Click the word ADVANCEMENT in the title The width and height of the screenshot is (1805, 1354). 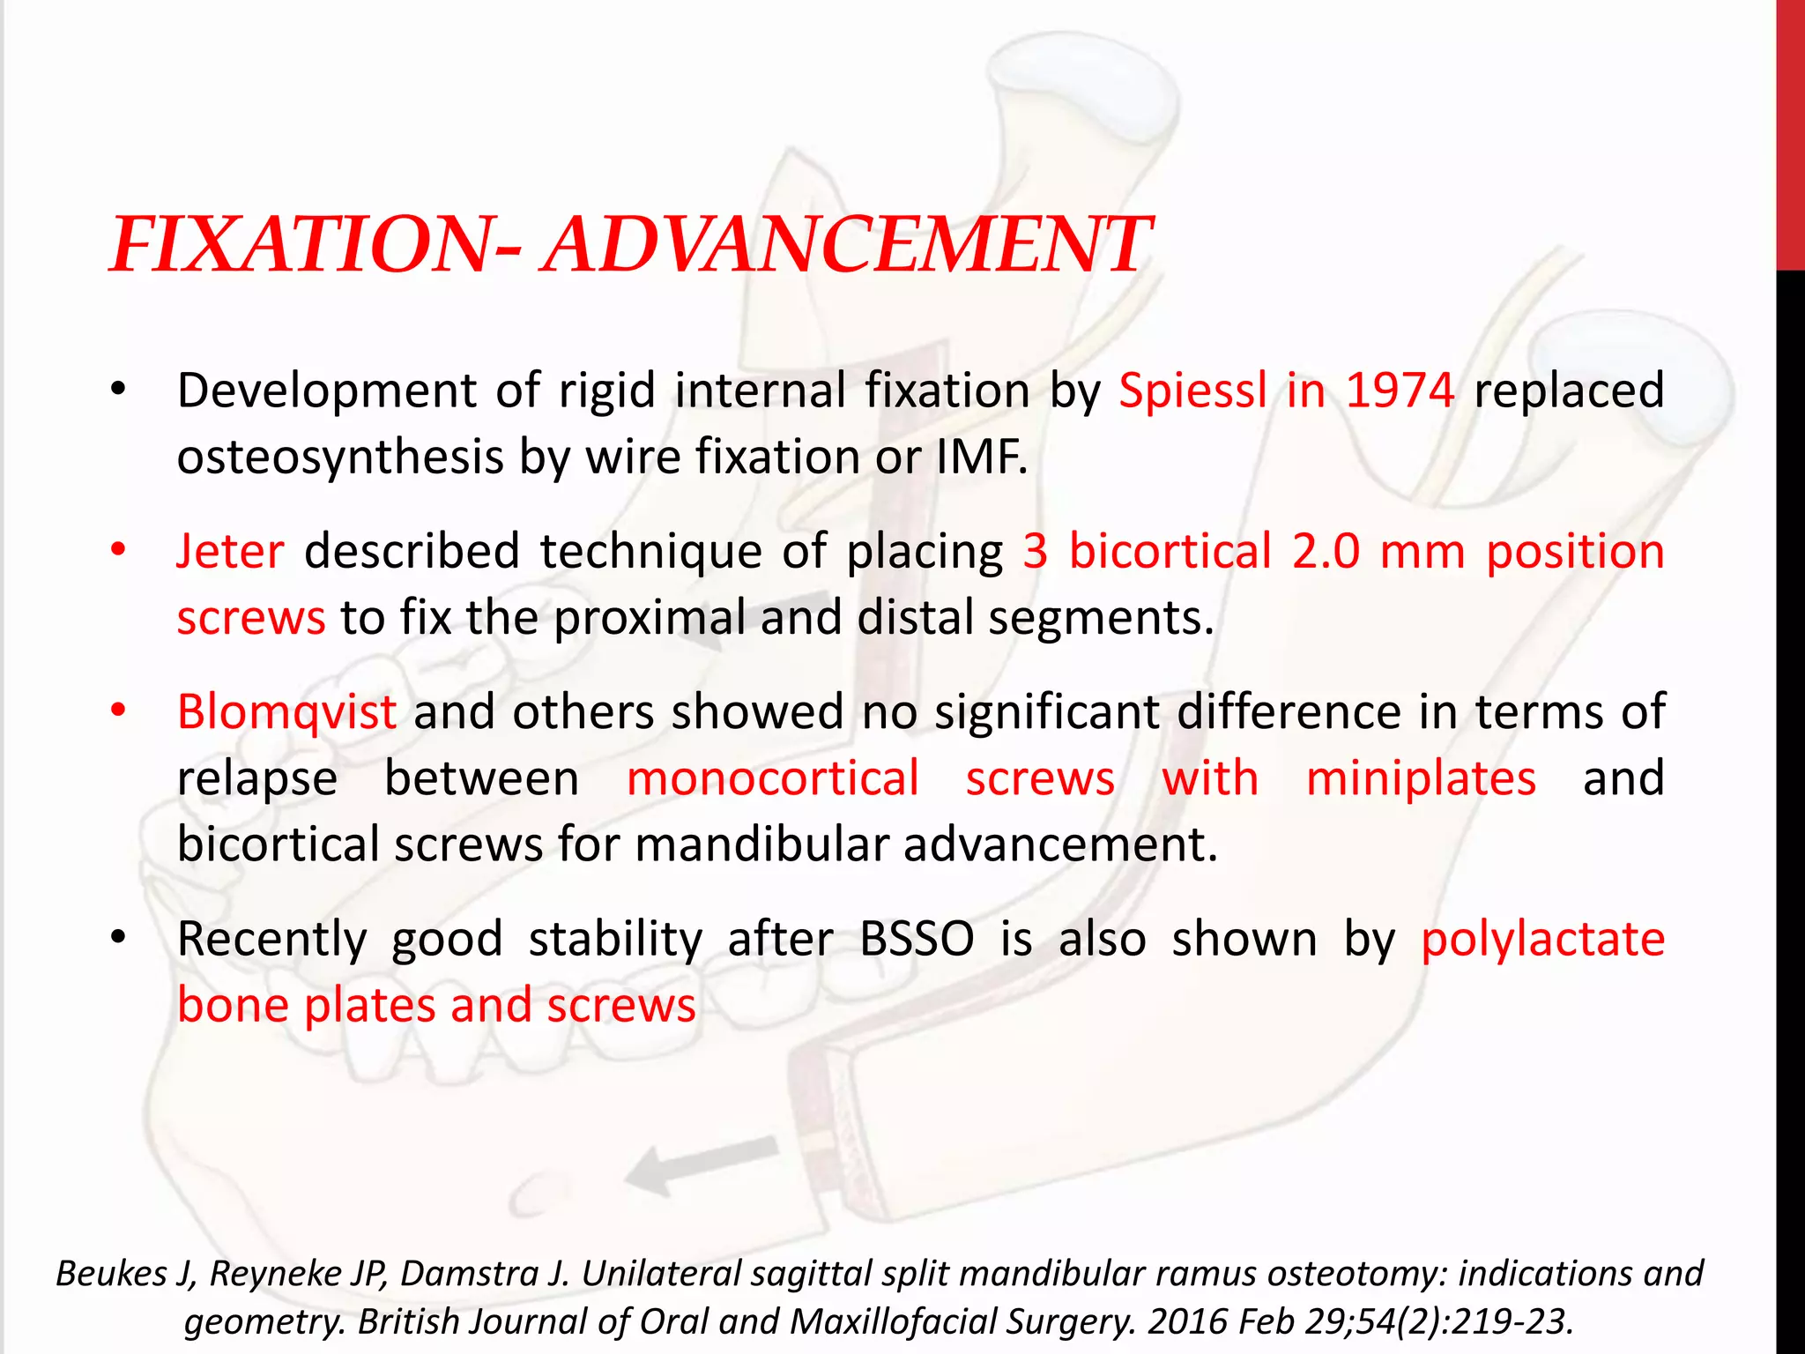pyautogui.click(x=846, y=244)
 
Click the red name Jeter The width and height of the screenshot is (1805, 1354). pyautogui.click(x=230, y=551)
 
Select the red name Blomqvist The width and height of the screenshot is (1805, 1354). pyautogui.click(x=286, y=711)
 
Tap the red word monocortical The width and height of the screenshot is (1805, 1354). pyautogui.click(x=773, y=778)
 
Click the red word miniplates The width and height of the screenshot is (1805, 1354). pyautogui.click(x=1421, y=778)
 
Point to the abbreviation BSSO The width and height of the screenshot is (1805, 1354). pyautogui.click(x=917, y=939)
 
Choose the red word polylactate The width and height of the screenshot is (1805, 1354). pyautogui.click(x=1542, y=939)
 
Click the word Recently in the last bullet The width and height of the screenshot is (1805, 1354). pyautogui.click(x=271, y=939)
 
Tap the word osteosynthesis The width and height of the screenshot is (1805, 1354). pyautogui.click(x=339, y=457)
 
